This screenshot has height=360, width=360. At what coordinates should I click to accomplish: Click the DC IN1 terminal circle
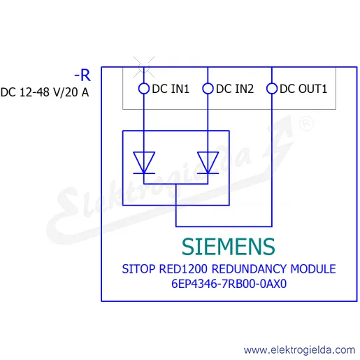(x=144, y=89)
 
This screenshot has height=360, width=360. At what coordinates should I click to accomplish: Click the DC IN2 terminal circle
(x=208, y=89)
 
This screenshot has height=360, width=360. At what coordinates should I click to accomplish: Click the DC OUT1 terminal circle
(x=272, y=89)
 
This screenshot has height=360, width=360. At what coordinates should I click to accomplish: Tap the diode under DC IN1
(x=144, y=163)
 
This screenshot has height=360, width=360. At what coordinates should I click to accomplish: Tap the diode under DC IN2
(x=208, y=163)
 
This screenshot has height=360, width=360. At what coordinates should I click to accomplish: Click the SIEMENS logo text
(x=229, y=247)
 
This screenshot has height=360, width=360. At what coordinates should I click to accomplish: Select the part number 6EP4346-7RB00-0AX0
(x=229, y=284)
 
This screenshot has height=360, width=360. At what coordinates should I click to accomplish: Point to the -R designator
(x=82, y=75)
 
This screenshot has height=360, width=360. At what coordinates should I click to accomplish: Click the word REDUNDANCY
(x=249, y=269)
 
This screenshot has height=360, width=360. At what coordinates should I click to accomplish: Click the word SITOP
(x=138, y=269)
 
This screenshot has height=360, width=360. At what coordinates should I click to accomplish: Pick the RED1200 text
(x=183, y=269)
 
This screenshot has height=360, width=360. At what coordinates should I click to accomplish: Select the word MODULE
(x=313, y=269)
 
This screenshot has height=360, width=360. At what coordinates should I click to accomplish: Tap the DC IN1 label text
(x=171, y=89)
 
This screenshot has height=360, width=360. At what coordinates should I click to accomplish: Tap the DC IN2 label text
(x=235, y=89)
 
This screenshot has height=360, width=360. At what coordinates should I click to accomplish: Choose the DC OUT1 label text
(x=303, y=89)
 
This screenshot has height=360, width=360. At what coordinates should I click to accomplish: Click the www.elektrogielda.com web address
(x=299, y=350)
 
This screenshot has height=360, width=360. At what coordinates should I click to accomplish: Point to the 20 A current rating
(x=77, y=92)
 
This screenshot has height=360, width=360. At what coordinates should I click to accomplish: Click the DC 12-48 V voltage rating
(x=31, y=92)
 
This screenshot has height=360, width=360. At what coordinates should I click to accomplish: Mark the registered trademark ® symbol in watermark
(x=306, y=123)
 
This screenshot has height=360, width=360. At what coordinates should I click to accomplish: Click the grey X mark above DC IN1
(x=144, y=67)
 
